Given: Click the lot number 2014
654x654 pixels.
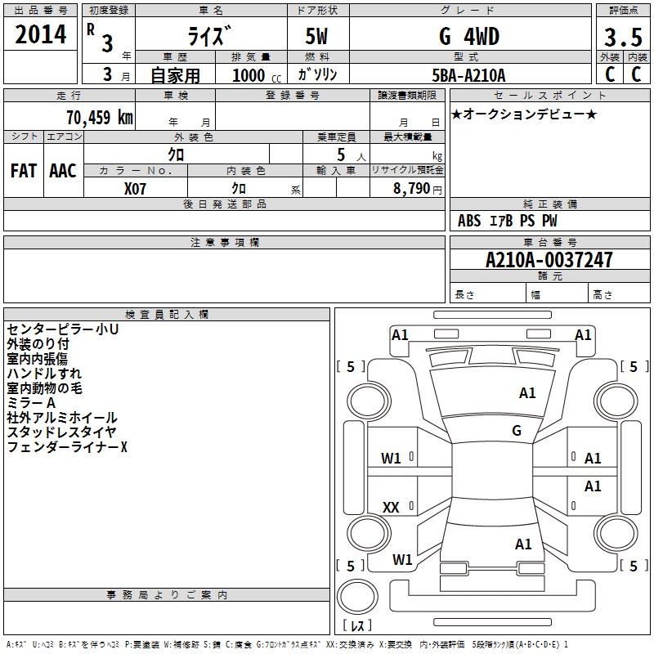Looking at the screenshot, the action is (x=40, y=34).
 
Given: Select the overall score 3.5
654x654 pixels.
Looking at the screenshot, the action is (x=623, y=37).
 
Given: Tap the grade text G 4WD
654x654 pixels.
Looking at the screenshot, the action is (x=469, y=36).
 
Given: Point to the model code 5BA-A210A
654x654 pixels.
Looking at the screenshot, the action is (x=468, y=75).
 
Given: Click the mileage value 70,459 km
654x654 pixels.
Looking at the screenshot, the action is (x=100, y=118).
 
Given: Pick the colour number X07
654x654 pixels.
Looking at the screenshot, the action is (x=135, y=189).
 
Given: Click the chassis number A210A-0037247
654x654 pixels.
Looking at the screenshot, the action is (x=549, y=260).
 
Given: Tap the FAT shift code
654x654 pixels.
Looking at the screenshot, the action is (x=24, y=171).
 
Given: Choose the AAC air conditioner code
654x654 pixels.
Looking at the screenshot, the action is (x=63, y=171).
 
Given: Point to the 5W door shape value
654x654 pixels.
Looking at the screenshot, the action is (x=316, y=36).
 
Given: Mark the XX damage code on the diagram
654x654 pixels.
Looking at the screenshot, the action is (x=391, y=507).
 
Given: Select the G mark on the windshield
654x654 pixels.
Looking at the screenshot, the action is (x=517, y=430).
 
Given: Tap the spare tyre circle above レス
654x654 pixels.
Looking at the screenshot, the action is (x=357, y=597).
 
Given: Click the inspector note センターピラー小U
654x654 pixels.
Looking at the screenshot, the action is (x=63, y=329).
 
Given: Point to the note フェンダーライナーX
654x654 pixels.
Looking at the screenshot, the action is (x=67, y=446).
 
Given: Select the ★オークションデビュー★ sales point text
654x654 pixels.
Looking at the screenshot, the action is (x=524, y=114).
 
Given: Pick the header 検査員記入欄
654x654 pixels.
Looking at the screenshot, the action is (x=167, y=315).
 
